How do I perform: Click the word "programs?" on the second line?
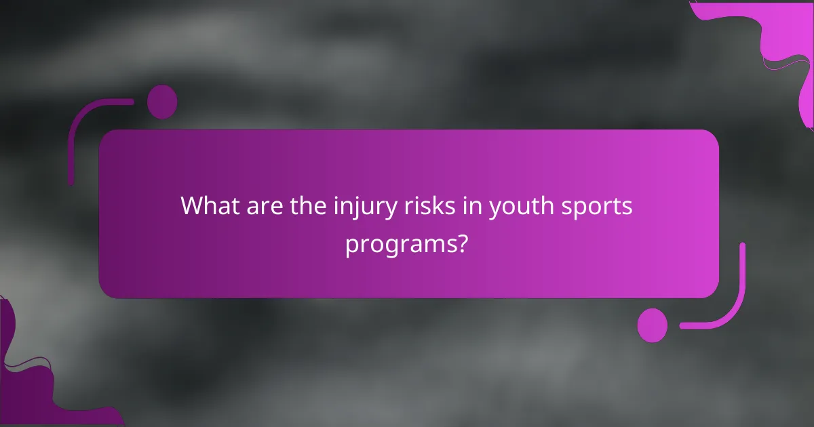(x=406, y=244)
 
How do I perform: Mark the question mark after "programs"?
(x=461, y=243)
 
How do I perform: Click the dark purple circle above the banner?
(x=162, y=102)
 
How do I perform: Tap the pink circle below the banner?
(x=653, y=325)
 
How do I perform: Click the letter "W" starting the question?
(x=192, y=206)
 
